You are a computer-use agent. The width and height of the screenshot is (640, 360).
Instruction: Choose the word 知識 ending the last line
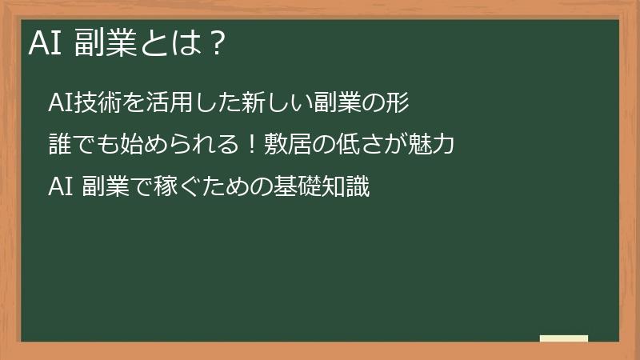coord(346,188)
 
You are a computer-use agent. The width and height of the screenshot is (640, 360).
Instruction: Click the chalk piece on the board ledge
coord(564,338)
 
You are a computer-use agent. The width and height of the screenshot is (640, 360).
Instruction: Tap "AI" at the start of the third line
coord(61,188)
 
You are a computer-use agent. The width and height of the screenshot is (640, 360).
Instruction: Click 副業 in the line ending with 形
coord(329,103)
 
